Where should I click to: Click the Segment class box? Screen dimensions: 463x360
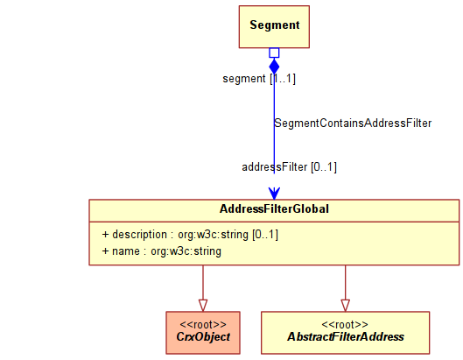click(274, 26)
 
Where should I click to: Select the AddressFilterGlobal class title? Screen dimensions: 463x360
click(274, 209)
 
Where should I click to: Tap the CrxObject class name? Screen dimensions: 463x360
click(203, 336)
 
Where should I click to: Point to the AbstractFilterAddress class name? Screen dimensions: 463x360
click(346, 336)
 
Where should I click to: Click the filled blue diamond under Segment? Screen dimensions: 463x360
click(274, 66)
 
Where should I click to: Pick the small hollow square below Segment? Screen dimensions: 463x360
click(274, 53)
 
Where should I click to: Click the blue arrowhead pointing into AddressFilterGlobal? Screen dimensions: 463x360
click(274, 194)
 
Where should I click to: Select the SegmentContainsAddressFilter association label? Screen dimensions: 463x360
click(353, 123)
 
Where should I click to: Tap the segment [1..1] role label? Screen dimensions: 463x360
click(259, 79)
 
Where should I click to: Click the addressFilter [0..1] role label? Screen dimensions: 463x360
click(289, 167)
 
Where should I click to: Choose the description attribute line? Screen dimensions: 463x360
click(190, 235)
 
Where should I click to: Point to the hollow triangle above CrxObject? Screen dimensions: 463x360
click(203, 306)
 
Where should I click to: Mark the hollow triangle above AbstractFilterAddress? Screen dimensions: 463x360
click(345, 306)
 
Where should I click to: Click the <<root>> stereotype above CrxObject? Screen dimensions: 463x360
click(203, 325)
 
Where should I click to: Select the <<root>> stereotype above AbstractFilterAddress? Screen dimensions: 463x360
click(345, 325)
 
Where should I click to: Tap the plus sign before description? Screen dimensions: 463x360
click(105, 235)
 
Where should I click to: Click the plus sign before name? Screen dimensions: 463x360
click(105, 251)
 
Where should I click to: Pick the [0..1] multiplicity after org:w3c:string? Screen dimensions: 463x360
click(265, 235)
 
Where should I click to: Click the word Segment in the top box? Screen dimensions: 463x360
click(275, 25)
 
